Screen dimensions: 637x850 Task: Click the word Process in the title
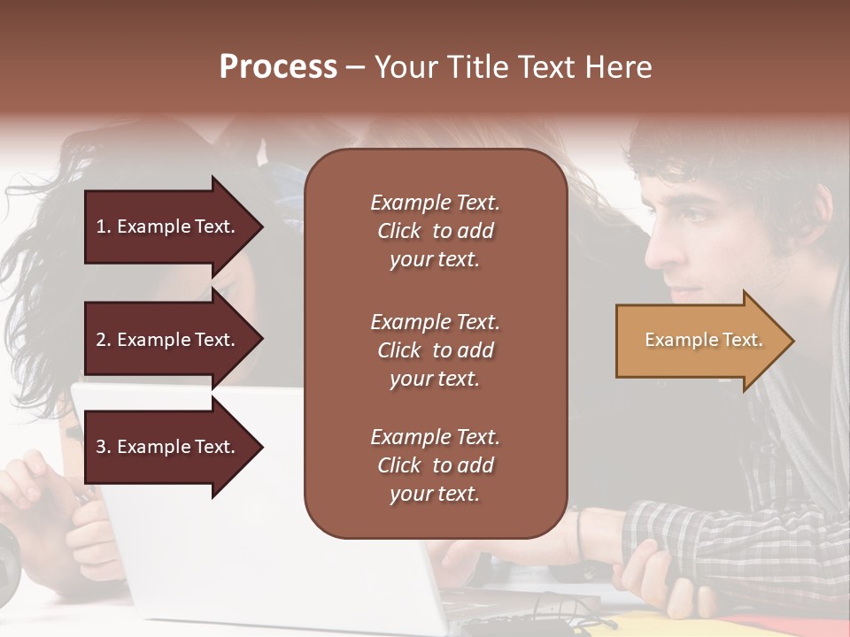click(x=278, y=67)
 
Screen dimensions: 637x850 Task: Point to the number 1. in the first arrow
click(x=104, y=226)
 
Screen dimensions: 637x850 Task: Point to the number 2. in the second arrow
click(x=104, y=340)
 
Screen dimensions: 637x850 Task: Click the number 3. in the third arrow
click(x=104, y=447)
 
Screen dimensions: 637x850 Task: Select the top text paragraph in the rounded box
click(x=435, y=231)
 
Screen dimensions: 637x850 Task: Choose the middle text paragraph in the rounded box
click(x=435, y=350)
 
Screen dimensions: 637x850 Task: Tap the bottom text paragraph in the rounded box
click(x=435, y=465)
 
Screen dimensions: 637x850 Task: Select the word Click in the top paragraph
click(x=399, y=231)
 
